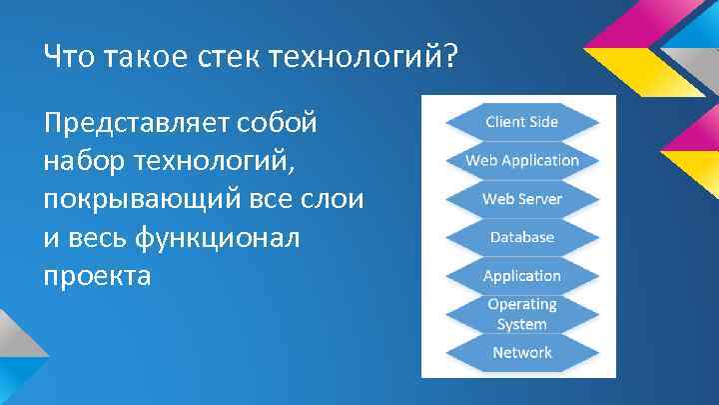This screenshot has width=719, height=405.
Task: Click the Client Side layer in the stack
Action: [x=521, y=122]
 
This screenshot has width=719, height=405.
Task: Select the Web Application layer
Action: [x=521, y=160]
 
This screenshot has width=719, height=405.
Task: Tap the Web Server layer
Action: [x=521, y=198]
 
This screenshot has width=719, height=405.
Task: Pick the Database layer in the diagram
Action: [x=521, y=237]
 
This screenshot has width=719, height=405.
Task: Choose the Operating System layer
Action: [x=521, y=314]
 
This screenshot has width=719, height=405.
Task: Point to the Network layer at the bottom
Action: [x=521, y=352]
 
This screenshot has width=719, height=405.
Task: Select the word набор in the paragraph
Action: [x=85, y=161]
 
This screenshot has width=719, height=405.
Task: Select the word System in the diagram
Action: [x=521, y=324]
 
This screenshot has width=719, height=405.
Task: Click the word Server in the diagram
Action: [x=540, y=198]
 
